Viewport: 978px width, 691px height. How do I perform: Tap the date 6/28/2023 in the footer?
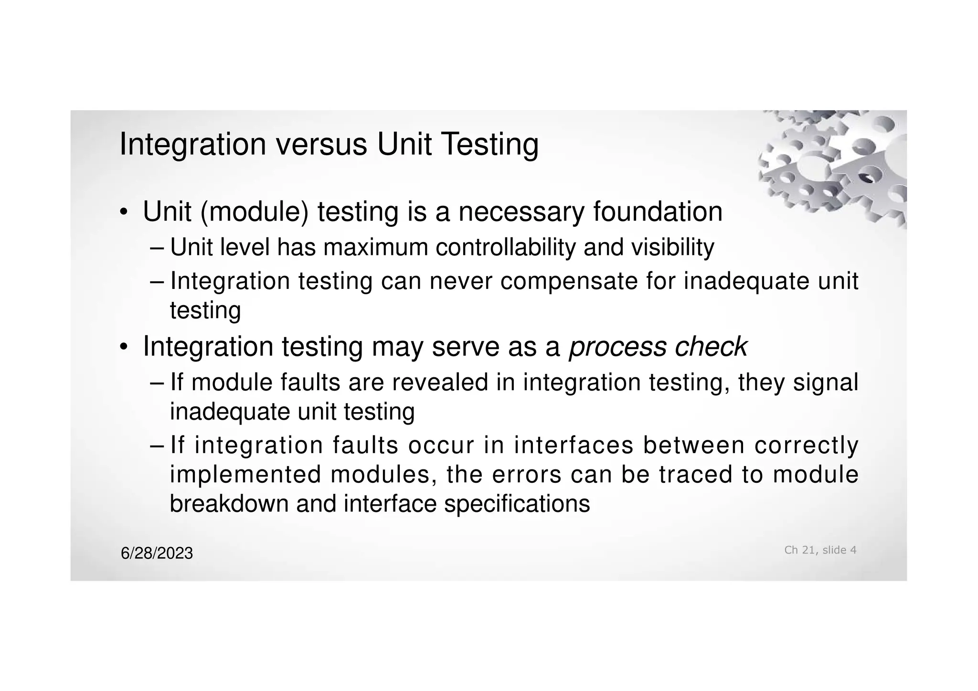[157, 553]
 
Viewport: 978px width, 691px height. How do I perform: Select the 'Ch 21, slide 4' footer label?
[820, 550]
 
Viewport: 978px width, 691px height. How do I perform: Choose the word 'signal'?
[826, 383]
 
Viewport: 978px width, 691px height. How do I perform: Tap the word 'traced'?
[696, 475]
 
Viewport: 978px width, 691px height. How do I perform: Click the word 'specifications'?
[517, 504]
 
